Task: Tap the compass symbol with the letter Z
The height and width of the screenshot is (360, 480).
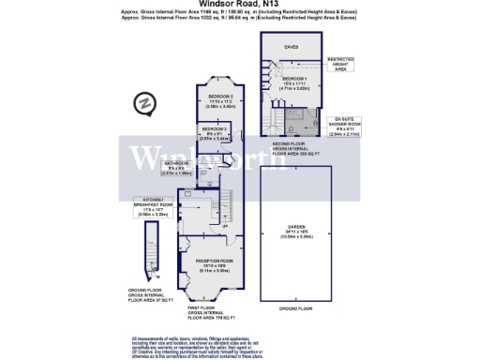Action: (146, 100)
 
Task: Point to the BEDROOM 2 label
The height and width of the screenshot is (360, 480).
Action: (220, 101)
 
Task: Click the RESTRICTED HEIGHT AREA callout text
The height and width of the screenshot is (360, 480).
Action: (339, 64)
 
